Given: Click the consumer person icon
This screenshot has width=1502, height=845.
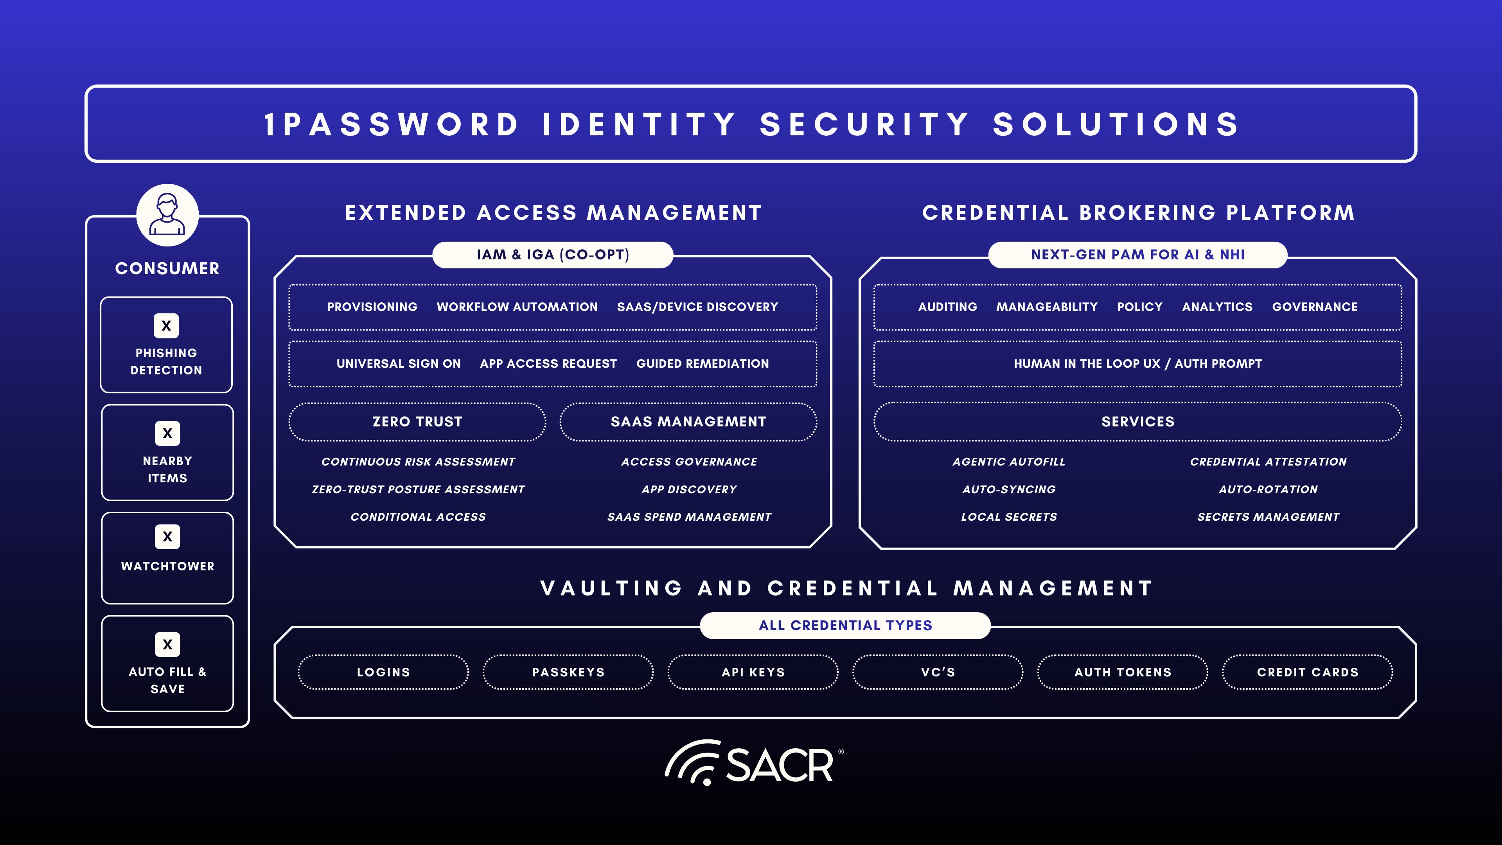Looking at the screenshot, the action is [x=167, y=215].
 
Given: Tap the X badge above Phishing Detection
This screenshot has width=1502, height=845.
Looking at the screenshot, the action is [x=166, y=325].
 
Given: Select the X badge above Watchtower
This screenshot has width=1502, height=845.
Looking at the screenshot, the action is [x=167, y=536].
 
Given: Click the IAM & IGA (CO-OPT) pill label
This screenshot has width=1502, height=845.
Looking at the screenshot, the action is [x=553, y=255].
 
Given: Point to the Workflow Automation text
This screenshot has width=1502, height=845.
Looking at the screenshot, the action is [x=517, y=307].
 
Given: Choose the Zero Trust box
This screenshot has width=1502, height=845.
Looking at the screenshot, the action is [x=417, y=422].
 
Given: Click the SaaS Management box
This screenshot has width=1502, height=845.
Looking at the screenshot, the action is [x=688, y=422].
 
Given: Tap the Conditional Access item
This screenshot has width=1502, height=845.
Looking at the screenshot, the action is [x=418, y=517].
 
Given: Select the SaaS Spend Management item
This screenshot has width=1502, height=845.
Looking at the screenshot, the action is [x=689, y=517].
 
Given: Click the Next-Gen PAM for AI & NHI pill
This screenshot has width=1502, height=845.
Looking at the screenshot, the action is [x=1137, y=255].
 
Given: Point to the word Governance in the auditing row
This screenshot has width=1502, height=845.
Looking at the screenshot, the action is [x=1314, y=307].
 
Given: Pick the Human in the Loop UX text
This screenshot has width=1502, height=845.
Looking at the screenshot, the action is [x=1087, y=364].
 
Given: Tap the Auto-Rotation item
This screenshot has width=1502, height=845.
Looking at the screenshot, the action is [x=1268, y=489].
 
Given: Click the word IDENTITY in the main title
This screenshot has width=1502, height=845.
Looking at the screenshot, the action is [x=639, y=124].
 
